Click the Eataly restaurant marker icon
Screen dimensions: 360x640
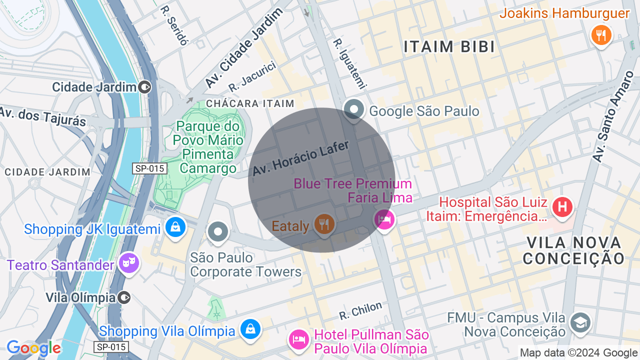[x=324, y=223]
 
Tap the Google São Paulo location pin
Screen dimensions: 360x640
[x=354, y=108]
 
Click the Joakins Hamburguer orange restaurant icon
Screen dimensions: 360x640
[x=601, y=35]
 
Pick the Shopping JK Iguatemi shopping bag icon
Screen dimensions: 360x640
[x=176, y=227]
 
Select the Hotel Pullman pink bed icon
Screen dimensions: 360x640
[x=299, y=338]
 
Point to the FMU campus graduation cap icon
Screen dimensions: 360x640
[x=580, y=322]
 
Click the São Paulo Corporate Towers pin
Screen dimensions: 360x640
[x=218, y=232]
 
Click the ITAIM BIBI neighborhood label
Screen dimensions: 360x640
[x=449, y=47]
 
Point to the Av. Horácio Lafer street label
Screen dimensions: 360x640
[x=300, y=157]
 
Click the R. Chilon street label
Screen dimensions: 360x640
[x=360, y=310]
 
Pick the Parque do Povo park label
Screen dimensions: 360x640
[x=208, y=147]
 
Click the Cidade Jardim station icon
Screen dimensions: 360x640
[x=145, y=87]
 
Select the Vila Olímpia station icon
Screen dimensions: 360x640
[x=124, y=298]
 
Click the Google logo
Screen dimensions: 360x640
[x=33, y=348]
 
